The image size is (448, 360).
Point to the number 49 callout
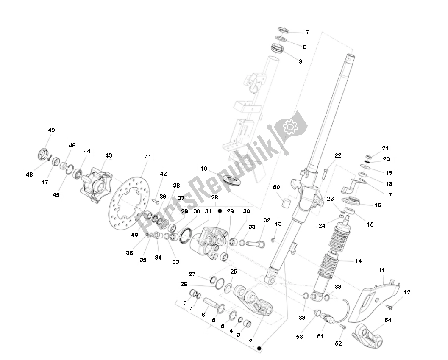point(51,130)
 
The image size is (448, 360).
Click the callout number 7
point(307,32)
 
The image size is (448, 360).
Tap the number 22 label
point(337,155)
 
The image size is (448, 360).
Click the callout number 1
point(206,333)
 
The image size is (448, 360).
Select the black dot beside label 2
point(259,348)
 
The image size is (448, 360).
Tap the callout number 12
point(407,292)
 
